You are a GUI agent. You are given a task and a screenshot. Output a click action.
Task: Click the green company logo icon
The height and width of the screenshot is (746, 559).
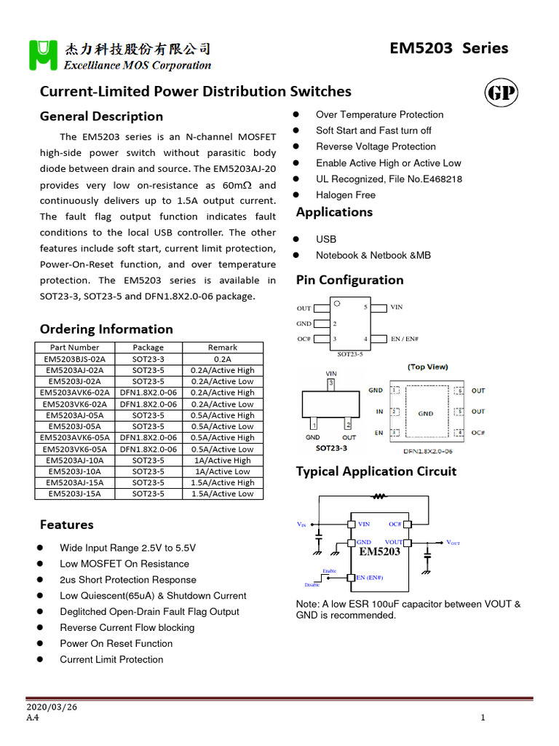pos(43,55)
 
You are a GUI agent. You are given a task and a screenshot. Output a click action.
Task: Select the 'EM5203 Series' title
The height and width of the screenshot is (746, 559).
pos(449,48)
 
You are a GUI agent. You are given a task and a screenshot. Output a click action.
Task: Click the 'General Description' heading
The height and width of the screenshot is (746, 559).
pos(101,117)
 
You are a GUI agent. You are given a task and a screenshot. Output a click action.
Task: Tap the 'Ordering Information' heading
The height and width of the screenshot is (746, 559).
pos(106,329)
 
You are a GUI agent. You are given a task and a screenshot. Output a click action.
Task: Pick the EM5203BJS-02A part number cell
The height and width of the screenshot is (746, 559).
pos(75,359)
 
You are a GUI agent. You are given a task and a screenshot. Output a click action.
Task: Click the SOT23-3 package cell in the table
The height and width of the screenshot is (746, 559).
pos(148,359)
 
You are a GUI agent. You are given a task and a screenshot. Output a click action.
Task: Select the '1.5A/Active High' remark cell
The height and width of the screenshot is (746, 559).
pos(223,482)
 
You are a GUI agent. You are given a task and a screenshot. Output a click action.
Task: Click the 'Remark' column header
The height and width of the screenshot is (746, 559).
pos(223,348)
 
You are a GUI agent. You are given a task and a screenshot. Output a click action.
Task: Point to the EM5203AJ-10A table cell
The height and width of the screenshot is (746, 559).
pos(75,460)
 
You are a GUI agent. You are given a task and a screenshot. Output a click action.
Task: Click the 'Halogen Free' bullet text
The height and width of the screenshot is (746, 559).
pos(346,195)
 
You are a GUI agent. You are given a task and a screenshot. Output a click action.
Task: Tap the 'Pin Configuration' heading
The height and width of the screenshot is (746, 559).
pos(349,280)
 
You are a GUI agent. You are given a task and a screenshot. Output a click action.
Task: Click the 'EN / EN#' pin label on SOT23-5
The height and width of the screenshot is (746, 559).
pos(405,339)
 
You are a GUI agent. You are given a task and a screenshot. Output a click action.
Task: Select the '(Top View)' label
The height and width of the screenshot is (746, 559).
pos(428,367)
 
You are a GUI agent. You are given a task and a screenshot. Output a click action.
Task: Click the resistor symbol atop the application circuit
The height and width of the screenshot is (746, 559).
pos(378,497)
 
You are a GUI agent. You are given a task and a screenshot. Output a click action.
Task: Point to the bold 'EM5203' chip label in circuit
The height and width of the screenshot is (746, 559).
pos(380,552)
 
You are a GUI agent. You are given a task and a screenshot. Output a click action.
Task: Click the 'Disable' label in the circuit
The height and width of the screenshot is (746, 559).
pos(312,585)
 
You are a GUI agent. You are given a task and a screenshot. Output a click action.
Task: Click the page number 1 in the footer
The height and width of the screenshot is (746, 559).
pos(483,718)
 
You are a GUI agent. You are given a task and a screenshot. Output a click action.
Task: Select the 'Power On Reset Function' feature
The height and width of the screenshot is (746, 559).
pos(116,644)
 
